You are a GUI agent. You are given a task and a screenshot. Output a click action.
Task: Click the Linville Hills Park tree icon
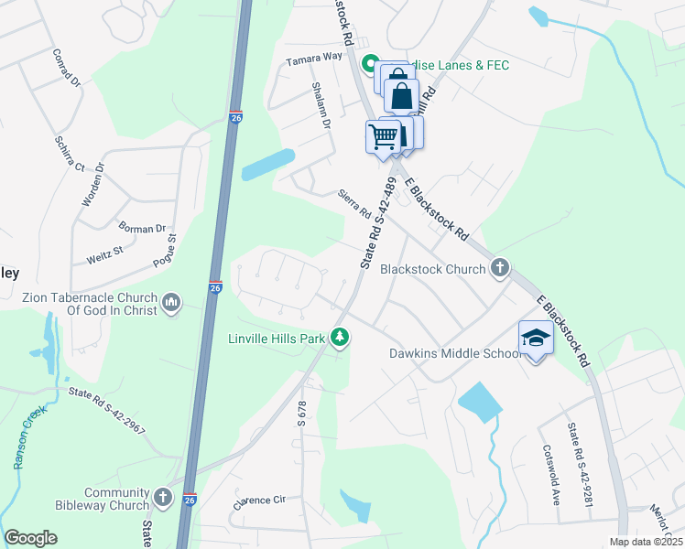340,338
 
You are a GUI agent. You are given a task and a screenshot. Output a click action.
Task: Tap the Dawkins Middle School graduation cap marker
536,338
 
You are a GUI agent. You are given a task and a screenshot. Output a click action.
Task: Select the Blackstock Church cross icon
499,268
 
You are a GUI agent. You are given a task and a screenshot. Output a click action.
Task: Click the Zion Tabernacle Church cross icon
171,302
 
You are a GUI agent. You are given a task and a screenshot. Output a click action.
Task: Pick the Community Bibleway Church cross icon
162,498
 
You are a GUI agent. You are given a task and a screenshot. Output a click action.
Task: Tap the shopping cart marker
384,137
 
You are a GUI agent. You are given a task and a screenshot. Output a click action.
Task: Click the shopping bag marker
401,95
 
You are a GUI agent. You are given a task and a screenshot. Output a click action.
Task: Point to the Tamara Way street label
313,58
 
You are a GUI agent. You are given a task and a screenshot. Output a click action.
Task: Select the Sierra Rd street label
353,204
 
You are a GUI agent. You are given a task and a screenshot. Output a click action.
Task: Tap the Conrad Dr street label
68,68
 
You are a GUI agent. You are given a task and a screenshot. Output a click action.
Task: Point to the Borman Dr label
142,228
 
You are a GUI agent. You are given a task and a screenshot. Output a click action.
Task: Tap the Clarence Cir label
260,501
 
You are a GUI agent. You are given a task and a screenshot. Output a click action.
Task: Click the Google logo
30,538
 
